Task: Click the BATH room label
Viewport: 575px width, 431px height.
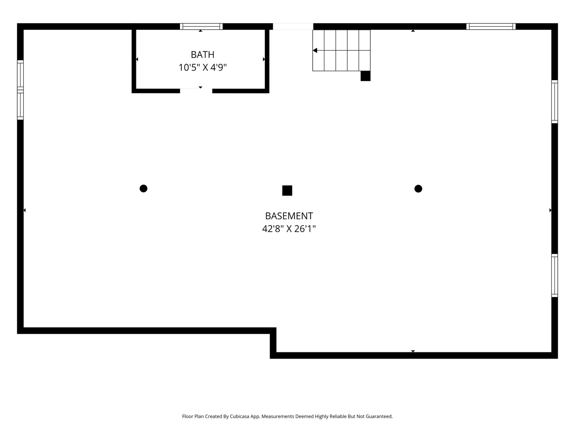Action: [x=202, y=55]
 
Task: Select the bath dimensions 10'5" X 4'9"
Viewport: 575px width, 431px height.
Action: [x=202, y=67]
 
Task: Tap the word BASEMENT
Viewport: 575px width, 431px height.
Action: [x=289, y=216]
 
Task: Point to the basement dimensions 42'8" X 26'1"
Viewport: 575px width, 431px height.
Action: [x=289, y=229]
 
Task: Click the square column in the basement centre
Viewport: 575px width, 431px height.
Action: [x=287, y=190]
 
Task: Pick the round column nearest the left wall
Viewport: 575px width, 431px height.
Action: [x=143, y=188]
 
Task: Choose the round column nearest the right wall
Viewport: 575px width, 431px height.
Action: [x=418, y=189]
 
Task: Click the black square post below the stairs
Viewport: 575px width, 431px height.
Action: [x=366, y=76]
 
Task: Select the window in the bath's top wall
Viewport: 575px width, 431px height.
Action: [x=201, y=26]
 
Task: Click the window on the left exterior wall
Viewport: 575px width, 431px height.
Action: [x=20, y=90]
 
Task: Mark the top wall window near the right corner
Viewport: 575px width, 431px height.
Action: [x=491, y=26]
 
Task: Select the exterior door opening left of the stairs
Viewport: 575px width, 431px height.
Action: [x=293, y=26]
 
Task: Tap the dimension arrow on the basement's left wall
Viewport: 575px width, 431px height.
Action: [x=24, y=210]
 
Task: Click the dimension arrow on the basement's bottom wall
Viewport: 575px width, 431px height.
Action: [x=413, y=351]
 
